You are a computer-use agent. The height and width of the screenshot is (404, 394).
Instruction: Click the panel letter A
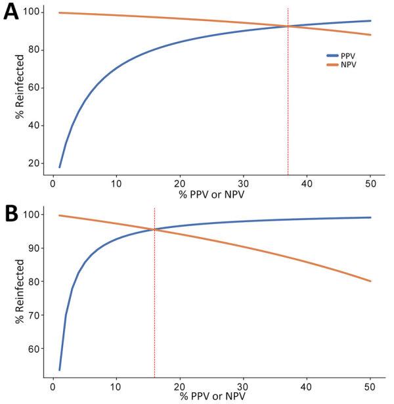pyautogui.click(x=11, y=13)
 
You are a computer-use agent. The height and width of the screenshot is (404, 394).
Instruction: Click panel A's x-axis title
pyautogui.click(x=211, y=194)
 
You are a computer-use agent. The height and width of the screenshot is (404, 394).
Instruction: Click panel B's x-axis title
pyautogui.click(x=211, y=397)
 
